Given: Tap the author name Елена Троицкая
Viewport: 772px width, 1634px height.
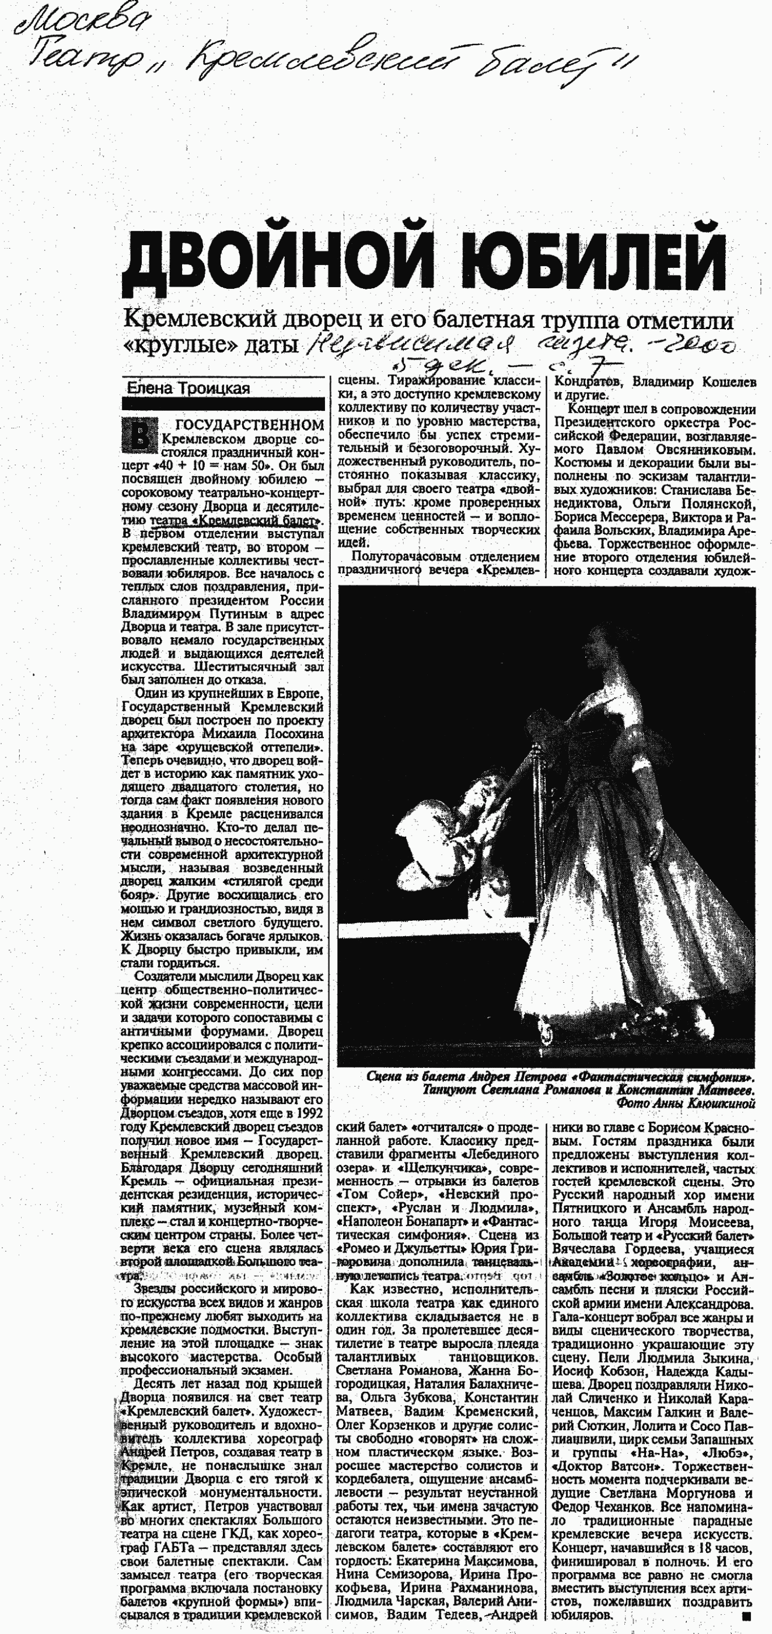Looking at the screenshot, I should (188, 387).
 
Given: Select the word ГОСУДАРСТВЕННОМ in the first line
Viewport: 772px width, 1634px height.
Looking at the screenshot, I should (249, 425).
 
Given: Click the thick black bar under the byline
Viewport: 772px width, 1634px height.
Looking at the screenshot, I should (223, 404).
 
